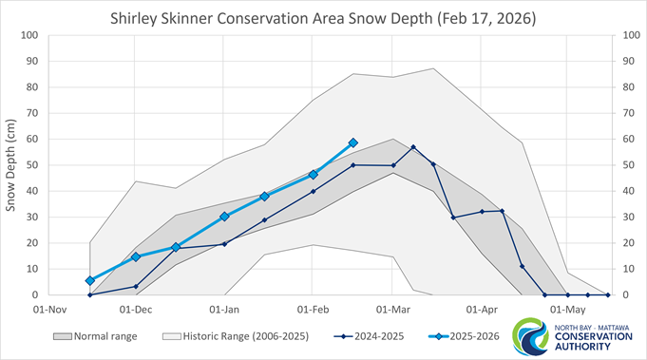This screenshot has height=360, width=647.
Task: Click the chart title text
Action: [323, 16]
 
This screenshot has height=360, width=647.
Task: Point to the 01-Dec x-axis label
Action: [136, 309]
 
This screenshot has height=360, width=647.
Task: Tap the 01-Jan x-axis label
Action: [224, 309]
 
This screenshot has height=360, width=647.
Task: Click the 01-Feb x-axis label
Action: [313, 309]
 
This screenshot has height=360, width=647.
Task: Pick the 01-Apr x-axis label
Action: [483, 309]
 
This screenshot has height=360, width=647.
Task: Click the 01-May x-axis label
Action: [568, 309]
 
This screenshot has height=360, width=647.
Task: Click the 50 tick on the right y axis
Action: [626, 165]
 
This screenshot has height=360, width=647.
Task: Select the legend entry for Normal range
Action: [100, 336]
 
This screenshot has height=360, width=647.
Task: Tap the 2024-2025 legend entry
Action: [361, 336]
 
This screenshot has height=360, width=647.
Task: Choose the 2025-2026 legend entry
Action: [458, 336]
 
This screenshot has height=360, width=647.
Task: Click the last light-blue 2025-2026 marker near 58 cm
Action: [353, 142]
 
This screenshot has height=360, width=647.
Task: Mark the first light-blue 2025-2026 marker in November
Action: [90, 280]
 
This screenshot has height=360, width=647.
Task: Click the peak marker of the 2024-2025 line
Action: [413, 147]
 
